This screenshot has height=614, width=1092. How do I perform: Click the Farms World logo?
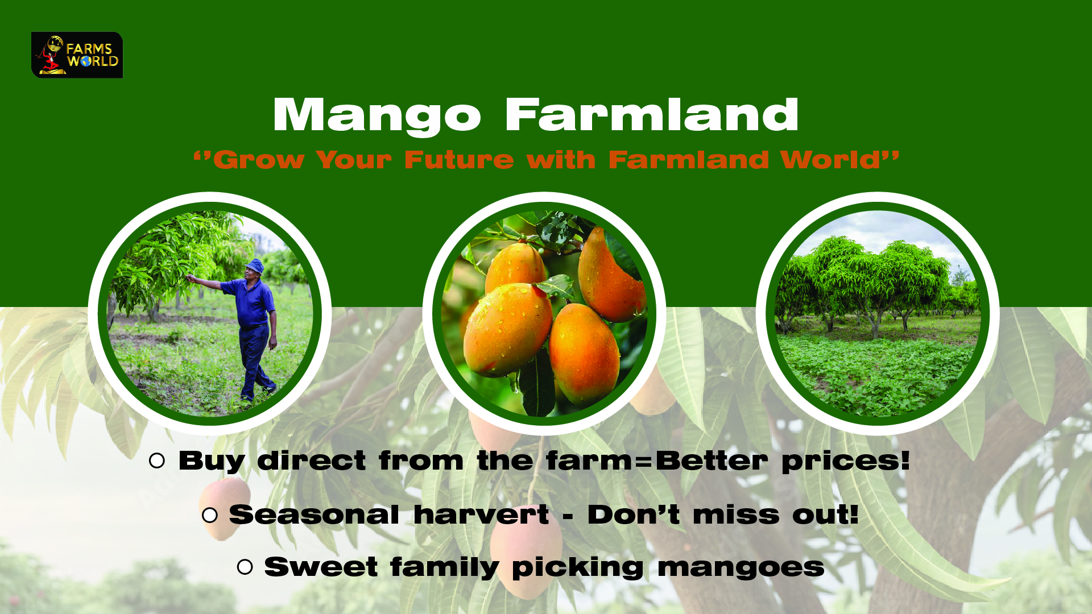[77, 55]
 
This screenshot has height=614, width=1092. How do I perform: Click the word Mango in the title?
[377, 117]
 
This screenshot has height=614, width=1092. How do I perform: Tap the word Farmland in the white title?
[652, 114]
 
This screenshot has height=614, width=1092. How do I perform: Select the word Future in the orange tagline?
[459, 160]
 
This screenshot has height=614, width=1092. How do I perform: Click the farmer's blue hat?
[255, 265]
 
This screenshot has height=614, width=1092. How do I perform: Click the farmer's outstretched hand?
[191, 278]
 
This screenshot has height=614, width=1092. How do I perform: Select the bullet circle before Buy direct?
[156, 460]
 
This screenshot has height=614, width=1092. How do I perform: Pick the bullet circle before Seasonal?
[210, 515]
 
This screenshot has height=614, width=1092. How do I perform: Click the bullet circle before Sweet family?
[245, 567]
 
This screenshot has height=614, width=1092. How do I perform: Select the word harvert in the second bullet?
[481, 515]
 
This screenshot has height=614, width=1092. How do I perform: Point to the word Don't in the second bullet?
[633, 515]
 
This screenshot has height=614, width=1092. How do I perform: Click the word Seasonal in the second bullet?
[314, 515]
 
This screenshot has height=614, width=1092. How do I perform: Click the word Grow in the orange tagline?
[259, 160]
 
